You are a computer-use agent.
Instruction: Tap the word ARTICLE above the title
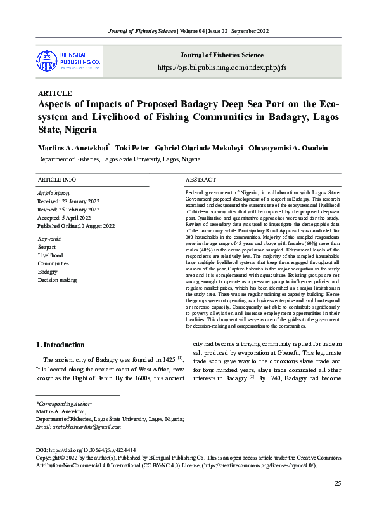[55, 93]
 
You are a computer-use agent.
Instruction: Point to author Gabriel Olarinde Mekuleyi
[198, 147]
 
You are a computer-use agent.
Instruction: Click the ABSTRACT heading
[201, 180]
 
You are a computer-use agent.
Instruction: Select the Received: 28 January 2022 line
[69, 201]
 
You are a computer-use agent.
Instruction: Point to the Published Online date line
[76, 225]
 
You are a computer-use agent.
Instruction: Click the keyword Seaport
[47, 246]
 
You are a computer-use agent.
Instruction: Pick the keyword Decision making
[57, 279]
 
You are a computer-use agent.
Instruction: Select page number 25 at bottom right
[338, 484]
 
